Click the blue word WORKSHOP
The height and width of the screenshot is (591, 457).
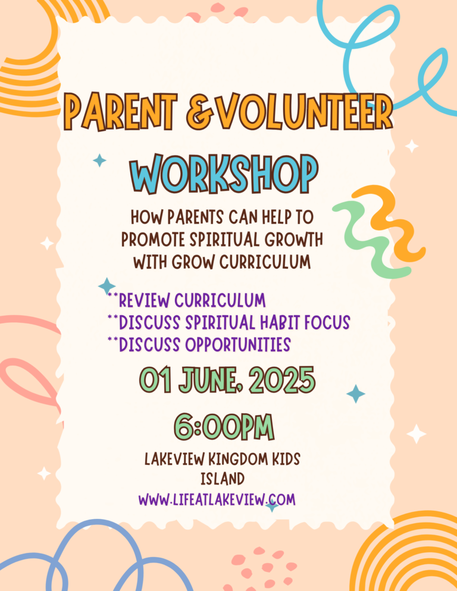point(223,174)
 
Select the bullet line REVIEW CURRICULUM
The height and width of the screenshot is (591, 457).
point(186,300)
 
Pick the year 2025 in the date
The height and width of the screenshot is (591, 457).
point(282,381)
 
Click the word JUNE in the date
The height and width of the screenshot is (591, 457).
point(209,381)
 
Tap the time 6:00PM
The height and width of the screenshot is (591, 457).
point(224,427)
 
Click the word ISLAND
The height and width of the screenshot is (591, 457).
point(223,479)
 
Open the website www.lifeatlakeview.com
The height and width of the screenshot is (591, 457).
point(217,500)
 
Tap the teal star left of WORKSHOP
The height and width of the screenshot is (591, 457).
point(99,161)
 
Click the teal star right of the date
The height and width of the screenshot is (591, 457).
point(355,394)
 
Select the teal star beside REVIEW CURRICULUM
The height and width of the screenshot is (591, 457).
point(107,286)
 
